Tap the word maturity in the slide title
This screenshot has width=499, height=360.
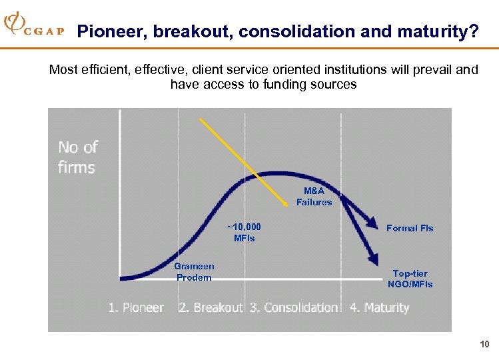436,31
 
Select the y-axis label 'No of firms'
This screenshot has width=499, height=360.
77,157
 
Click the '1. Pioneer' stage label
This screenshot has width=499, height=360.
136,307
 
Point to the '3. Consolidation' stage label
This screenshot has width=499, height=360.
294,307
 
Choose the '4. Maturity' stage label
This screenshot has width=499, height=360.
379,307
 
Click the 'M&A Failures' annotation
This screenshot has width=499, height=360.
314,197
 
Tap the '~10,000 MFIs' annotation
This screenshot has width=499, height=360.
245,233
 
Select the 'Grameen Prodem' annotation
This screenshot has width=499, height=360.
194,272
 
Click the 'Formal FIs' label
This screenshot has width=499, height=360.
410,228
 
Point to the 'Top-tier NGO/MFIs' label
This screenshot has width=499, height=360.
410,279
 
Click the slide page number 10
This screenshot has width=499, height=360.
484,344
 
